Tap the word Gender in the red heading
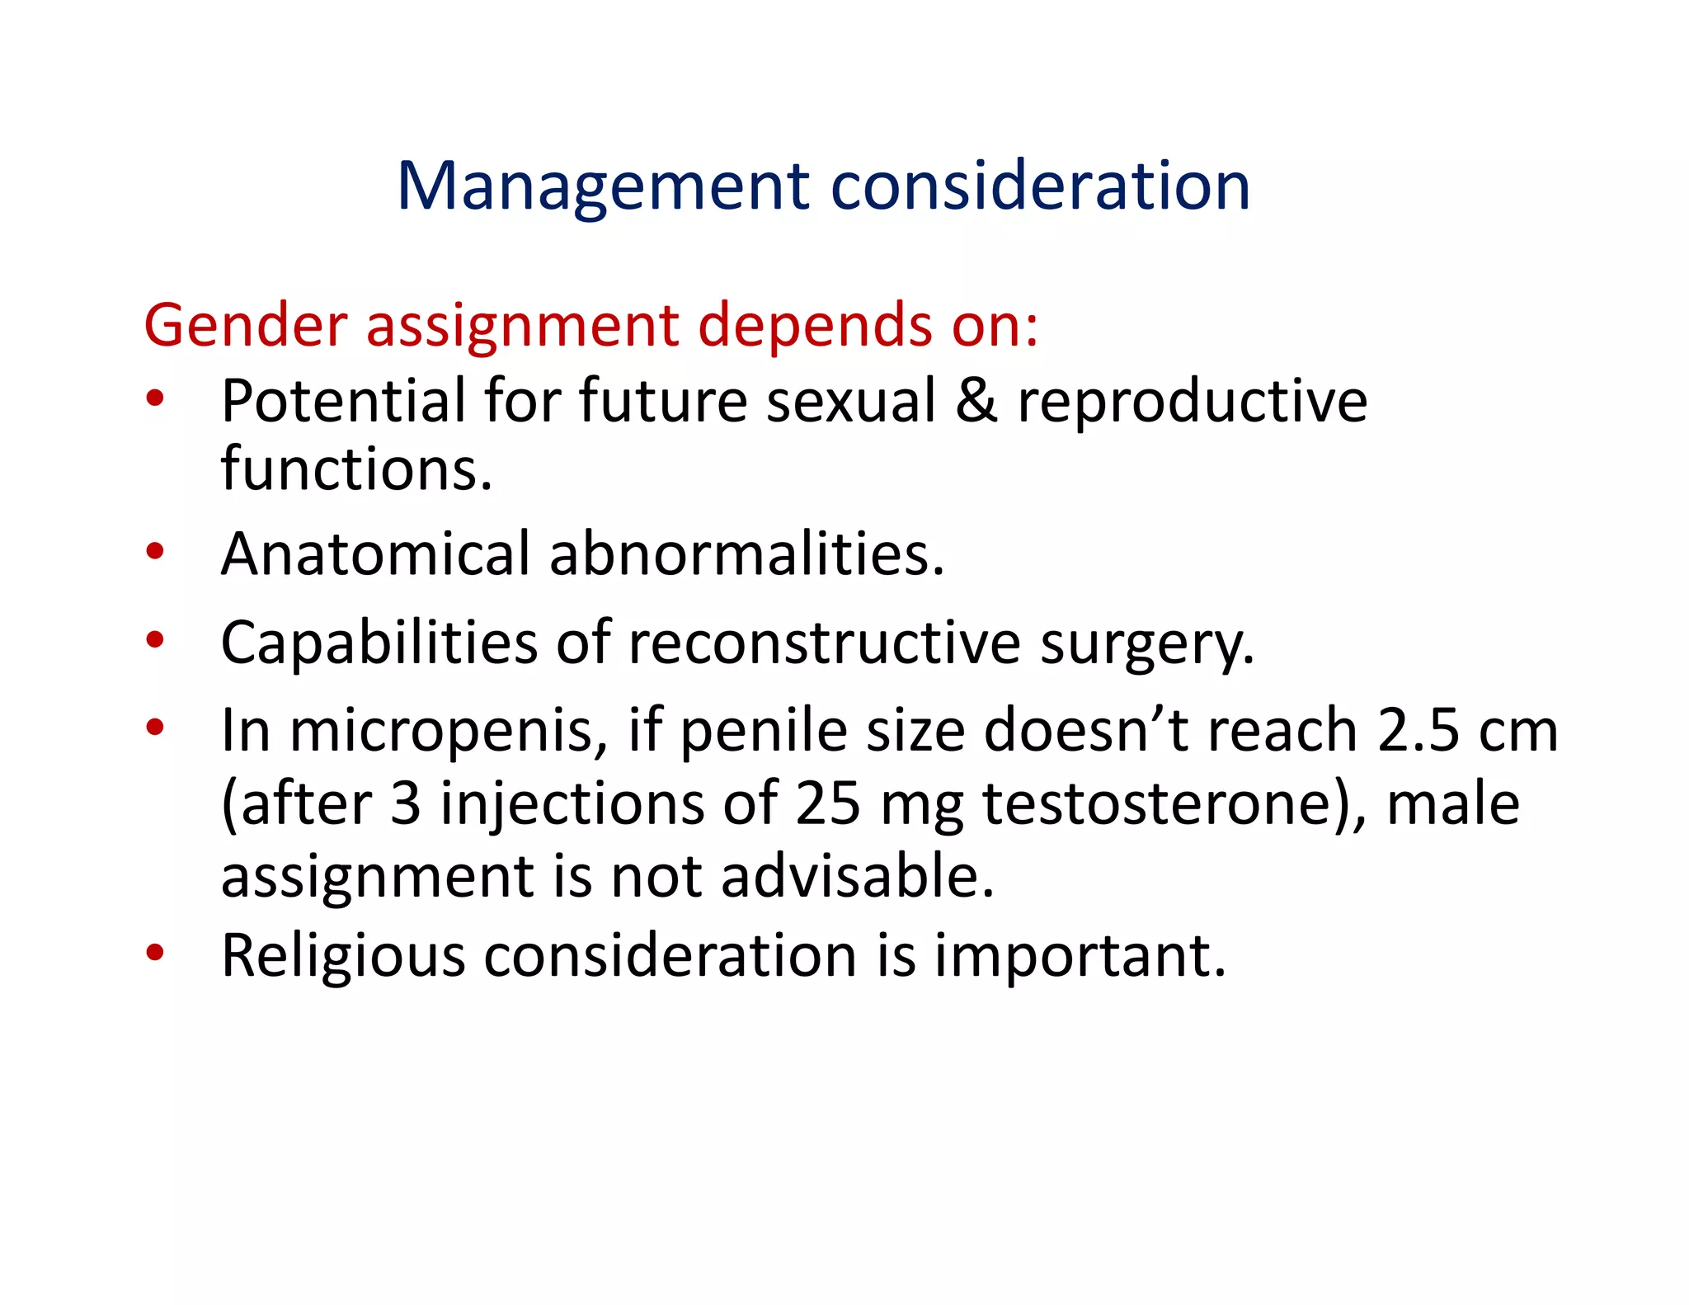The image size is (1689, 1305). (x=246, y=325)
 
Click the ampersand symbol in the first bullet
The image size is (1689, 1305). (x=976, y=401)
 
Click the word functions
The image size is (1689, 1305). (x=356, y=469)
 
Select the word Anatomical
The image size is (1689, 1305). (x=375, y=554)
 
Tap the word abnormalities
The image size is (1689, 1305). (x=746, y=554)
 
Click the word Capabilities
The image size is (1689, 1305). (x=379, y=643)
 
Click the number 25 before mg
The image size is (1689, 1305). (x=827, y=803)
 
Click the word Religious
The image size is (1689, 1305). (x=343, y=956)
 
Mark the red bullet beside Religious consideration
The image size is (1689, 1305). (x=155, y=953)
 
